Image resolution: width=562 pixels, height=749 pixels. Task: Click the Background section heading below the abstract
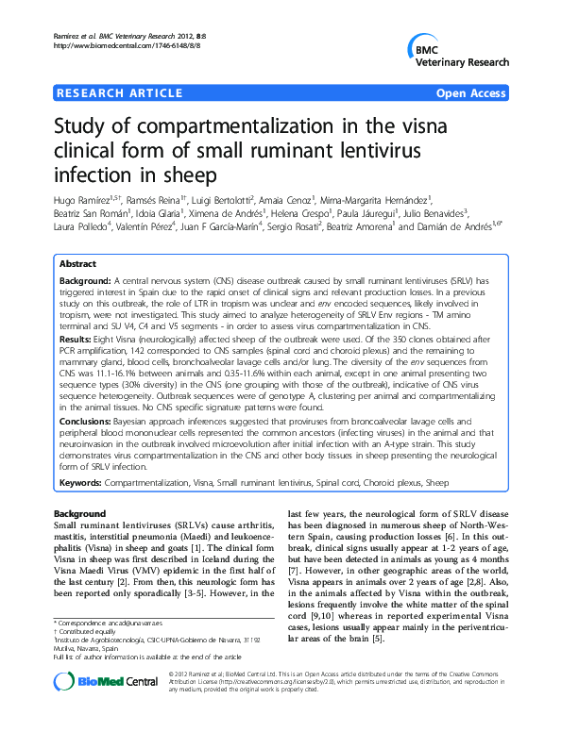80,512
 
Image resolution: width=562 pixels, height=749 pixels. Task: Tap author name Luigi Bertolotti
227,201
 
